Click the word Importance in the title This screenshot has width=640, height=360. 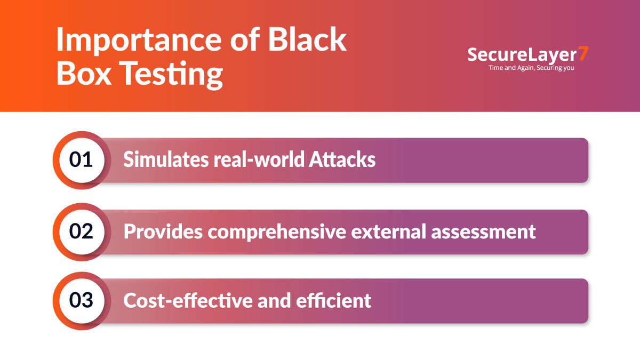[x=139, y=40]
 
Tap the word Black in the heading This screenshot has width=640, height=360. [x=307, y=39]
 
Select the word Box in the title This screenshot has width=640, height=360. [x=84, y=73]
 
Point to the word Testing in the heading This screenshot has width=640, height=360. [x=171, y=75]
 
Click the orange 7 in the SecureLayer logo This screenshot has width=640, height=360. [x=583, y=53]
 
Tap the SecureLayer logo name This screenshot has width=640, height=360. [x=522, y=55]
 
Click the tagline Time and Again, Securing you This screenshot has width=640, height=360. [x=531, y=68]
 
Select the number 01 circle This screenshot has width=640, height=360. [x=82, y=161]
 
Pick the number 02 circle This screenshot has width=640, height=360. [x=82, y=232]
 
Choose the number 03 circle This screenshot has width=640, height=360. [x=82, y=301]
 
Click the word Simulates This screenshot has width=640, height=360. [x=166, y=159]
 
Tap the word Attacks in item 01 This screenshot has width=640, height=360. [x=342, y=159]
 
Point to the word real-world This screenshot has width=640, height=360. [x=259, y=159]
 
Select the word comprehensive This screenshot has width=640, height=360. [x=277, y=232]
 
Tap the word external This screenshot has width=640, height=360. [x=389, y=231]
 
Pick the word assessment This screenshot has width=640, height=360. [x=483, y=232]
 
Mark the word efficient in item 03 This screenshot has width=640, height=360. [x=333, y=300]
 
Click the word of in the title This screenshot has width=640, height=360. [x=245, y=40]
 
